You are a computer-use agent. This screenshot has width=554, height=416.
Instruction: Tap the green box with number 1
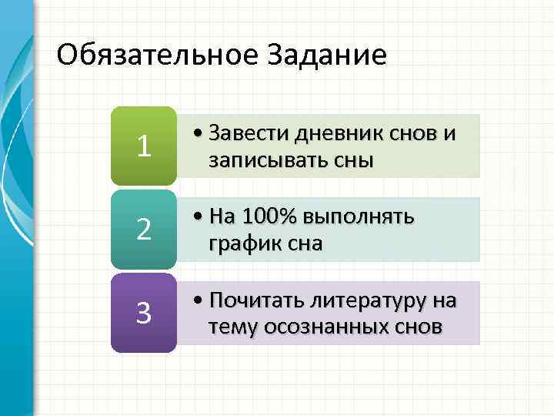143,146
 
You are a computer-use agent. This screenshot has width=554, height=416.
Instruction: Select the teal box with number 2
143,229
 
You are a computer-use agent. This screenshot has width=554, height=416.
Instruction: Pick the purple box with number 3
143,313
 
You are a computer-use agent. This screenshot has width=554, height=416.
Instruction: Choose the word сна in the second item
304,244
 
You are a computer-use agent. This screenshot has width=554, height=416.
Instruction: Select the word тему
232,327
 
